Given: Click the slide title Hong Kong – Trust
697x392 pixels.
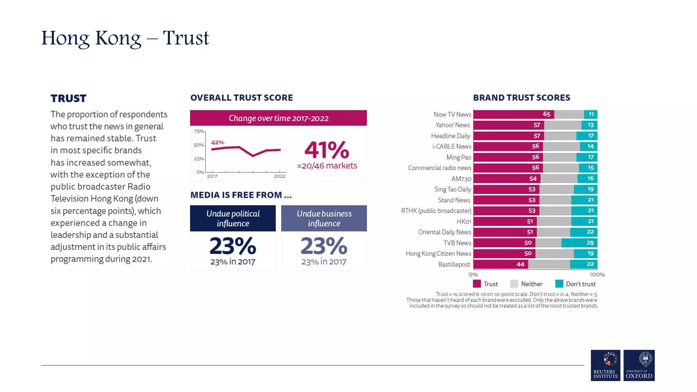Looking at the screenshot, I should point(125,38).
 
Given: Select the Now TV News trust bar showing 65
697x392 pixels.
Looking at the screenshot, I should point(514,114).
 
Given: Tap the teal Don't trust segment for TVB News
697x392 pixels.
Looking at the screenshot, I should point(579,243).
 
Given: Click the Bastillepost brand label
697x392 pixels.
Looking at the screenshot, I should point(454,264).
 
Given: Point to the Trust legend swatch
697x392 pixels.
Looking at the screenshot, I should point(477,284).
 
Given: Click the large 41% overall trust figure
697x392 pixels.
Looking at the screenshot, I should point(327,150).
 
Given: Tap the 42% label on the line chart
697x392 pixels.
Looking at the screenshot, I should point(217,143).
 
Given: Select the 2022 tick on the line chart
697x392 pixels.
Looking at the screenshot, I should point(280,176).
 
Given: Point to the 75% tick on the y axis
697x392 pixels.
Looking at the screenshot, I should point(199,131).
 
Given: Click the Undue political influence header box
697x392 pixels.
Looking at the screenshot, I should point(233,218).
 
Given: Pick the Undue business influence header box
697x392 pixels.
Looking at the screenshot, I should point(324,218).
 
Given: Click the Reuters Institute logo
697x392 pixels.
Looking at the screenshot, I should point(605,365).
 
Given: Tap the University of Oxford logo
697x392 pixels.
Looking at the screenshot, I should point(639,365).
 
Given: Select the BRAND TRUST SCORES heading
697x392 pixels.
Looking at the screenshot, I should point(521,98).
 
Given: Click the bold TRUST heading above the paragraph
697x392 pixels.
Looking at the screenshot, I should point(68,99).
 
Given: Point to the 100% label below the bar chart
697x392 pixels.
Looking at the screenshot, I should point(597,275).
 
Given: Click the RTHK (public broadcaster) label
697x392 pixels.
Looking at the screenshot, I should point(436,211).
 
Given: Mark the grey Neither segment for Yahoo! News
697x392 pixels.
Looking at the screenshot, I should point(563,125).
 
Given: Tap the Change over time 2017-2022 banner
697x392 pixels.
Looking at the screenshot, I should point(278,118).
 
